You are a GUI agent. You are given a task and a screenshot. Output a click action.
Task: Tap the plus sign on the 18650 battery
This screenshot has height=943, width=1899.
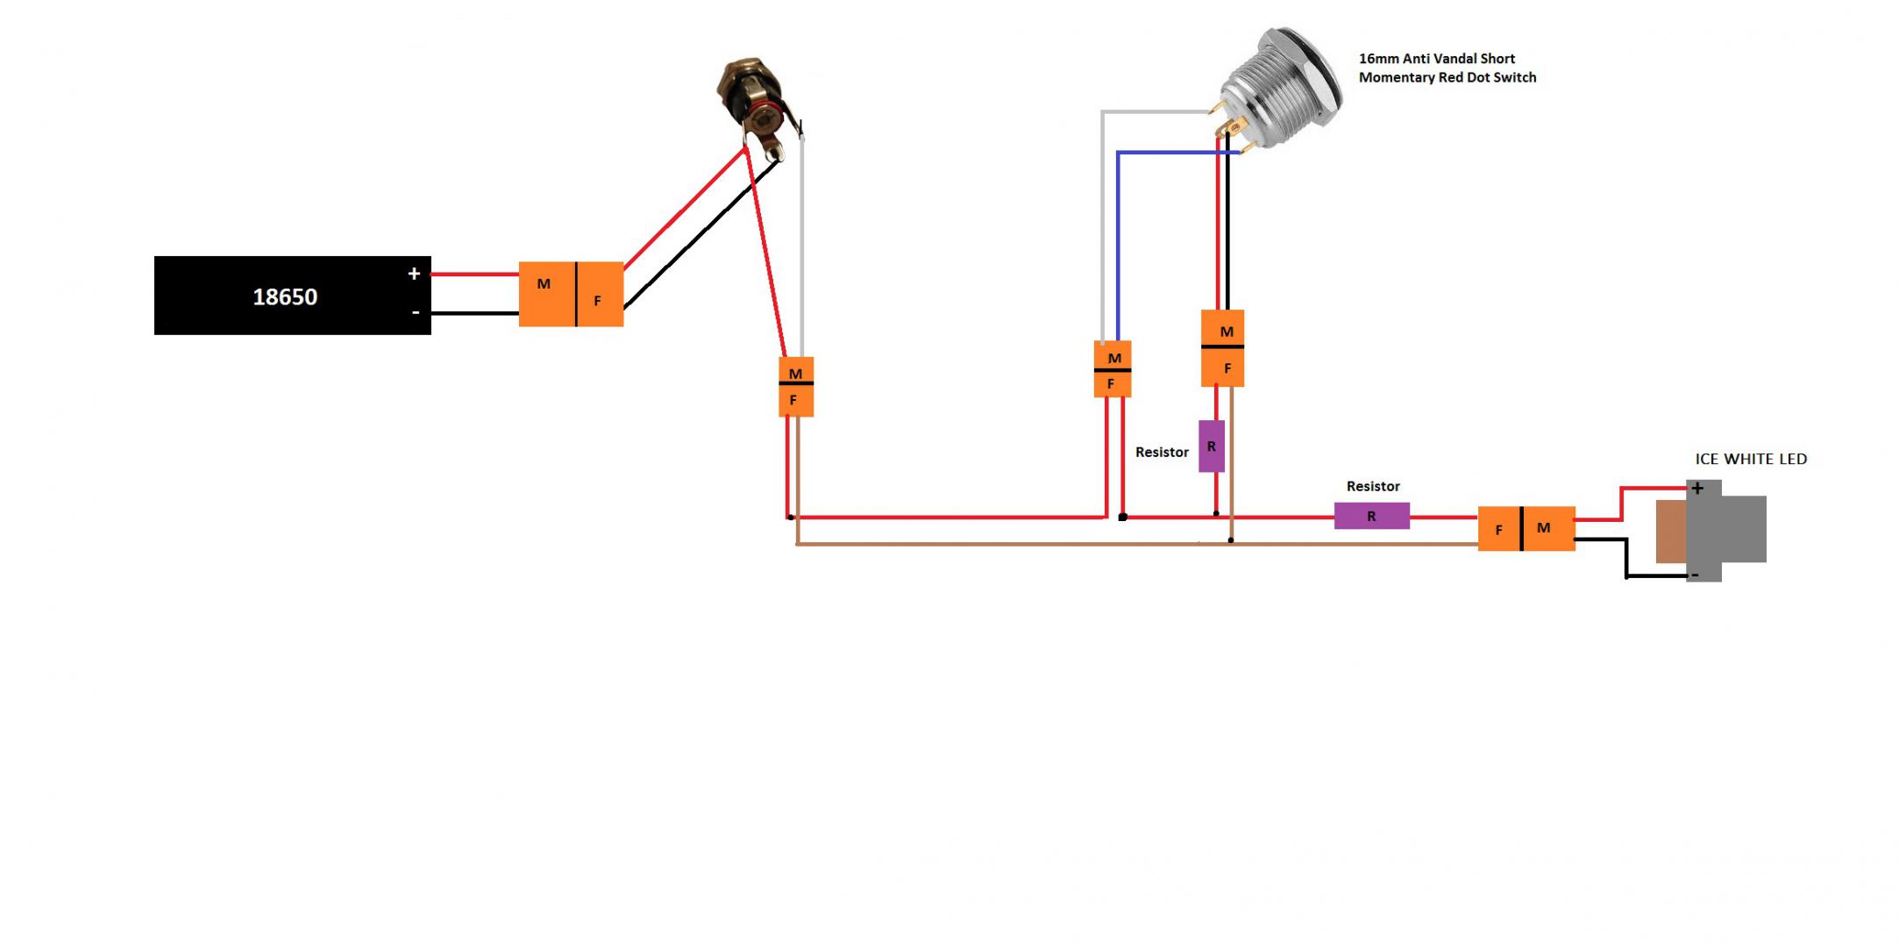(414, 274)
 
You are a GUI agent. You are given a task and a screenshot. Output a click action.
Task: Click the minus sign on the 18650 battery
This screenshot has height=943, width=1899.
(416, 312)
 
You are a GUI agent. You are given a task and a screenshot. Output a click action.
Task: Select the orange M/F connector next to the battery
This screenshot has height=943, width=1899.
(571, 294)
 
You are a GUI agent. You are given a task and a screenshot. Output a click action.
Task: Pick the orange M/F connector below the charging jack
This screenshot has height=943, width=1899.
(796, 387)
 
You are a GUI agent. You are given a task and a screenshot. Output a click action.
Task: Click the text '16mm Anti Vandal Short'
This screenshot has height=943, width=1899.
(1436, 59)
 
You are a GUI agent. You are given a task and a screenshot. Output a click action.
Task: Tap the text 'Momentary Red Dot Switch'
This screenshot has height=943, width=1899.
(1447, 77)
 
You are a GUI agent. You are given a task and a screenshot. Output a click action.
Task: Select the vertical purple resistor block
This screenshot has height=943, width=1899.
(1211, 446)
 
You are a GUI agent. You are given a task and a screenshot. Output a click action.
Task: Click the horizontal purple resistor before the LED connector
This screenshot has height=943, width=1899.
(1371, 516)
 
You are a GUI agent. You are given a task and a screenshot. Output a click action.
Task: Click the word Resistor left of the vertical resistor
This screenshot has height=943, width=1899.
(1162, 452)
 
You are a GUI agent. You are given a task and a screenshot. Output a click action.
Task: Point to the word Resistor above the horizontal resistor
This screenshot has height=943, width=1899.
(1373, 486)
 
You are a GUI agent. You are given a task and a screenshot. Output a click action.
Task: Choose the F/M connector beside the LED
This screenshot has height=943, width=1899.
(1526, 529)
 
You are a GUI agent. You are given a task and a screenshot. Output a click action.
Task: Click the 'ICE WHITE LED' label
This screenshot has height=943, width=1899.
(1750, 459)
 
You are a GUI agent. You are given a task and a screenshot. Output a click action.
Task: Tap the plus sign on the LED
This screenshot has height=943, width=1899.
(1697, 489)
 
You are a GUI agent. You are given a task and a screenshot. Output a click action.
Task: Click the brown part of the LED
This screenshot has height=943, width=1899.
(1670, 531)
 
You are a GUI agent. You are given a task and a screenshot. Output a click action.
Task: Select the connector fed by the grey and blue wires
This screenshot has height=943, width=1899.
(1113, 369)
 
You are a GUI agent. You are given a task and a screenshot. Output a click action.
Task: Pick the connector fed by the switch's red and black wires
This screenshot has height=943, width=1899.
(1222, 348)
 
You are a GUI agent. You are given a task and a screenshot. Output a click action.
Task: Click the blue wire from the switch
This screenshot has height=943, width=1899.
(1118, 246)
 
